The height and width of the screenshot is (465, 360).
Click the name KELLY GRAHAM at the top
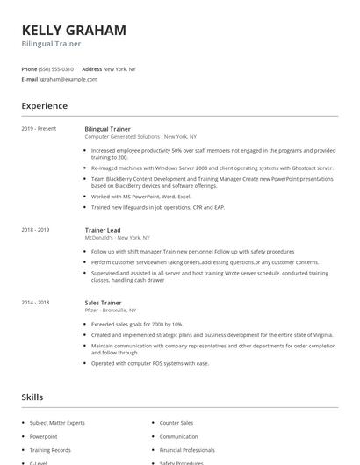(x=74, y=30)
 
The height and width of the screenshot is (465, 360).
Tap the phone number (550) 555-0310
(x=55, y=68)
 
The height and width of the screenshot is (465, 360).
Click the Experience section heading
(x=45, y=106)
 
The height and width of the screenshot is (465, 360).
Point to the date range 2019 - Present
(x=39, y=129)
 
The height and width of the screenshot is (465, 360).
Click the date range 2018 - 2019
(x=35, y=230)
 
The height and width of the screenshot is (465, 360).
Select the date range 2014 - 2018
(x=35, y=302)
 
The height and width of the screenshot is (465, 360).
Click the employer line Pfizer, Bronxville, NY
(x=111, y=311)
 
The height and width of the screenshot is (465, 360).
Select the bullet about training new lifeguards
(x=157, y=207)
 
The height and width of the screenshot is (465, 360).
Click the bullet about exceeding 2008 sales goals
(x=139, y=324)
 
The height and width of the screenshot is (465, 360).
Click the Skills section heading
(x=33, y=397)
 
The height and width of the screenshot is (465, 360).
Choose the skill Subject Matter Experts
(x=58, y=423)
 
